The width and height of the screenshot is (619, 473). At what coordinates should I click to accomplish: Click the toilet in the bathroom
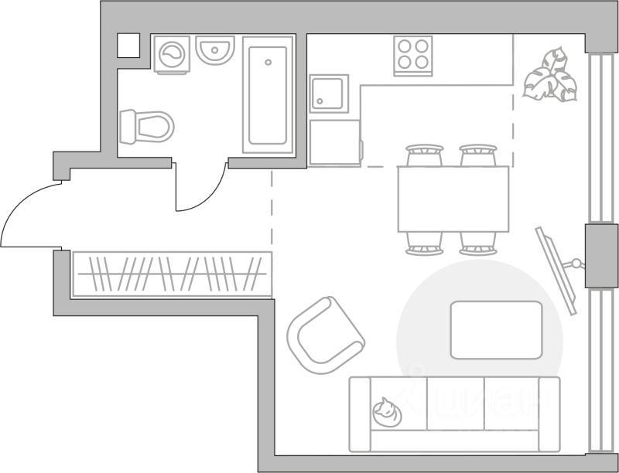click(147, 125)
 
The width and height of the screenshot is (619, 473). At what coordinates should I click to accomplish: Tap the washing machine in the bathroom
click(172, 55)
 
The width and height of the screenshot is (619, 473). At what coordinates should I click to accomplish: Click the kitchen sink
click(329, 94)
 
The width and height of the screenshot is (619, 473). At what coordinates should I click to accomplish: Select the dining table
click(453, 199)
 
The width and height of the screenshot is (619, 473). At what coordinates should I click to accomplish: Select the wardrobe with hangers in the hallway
click(172, 274)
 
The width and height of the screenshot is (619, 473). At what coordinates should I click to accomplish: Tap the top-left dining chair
click(424, 155)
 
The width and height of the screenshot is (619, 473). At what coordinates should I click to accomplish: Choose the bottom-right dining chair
click(477, 244)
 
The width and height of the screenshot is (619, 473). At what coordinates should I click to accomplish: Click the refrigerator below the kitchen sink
click(334, 142)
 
